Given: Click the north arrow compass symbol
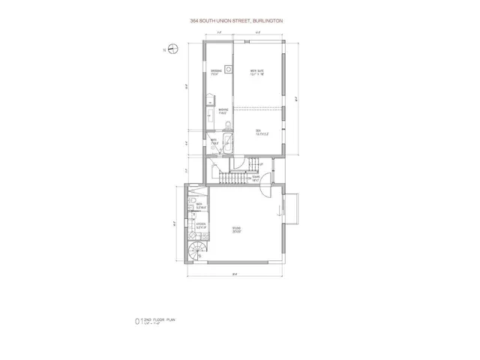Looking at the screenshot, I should click(x=172, y=51).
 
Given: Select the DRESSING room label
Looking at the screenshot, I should click(x=215, y=73).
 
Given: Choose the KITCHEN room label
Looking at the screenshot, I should click(x=200, y=224).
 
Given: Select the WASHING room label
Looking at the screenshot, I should click(x=223, y=111).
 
